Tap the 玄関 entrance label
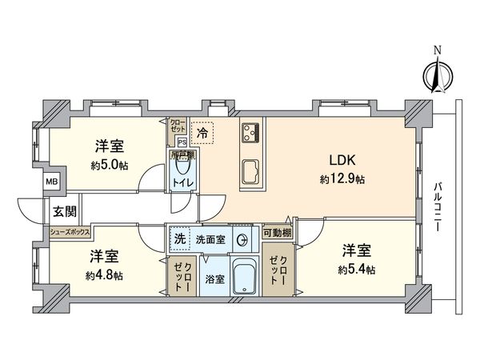pyautogui.click(x=65, y=212)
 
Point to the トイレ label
pyautogui.click(x=184, y=183)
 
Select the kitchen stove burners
pyautogui.click(x=250, y=131)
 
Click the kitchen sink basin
pyautogui.click(x=250, y=170)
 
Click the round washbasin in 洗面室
pyautogui.click(x=242, y=238)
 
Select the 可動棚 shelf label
pyautogui.click(x=276, y=233)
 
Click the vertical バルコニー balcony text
pyautogui.click(x=438, y=207)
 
